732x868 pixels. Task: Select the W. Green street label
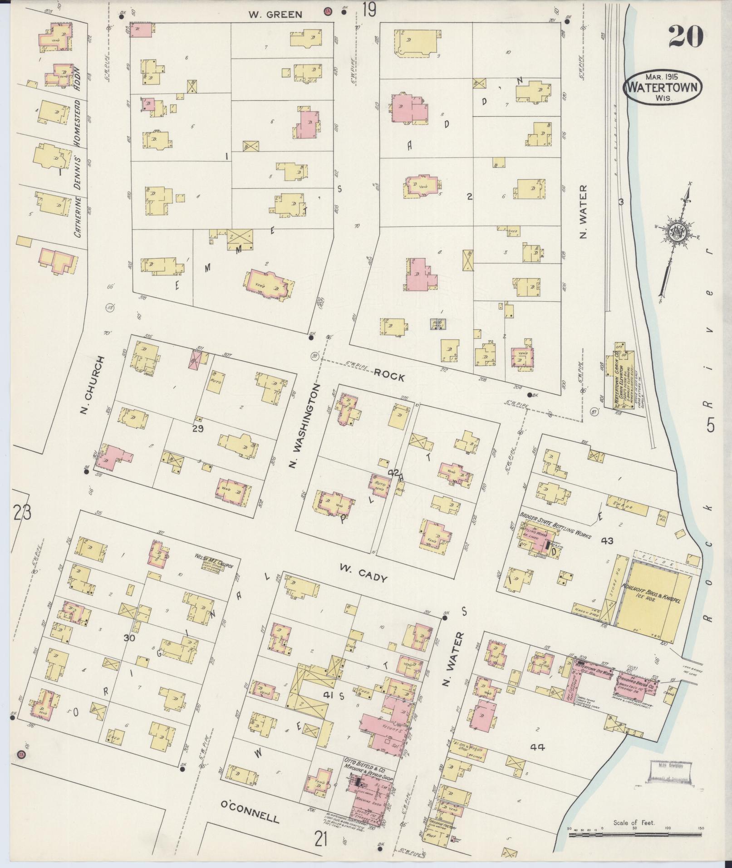[x=275, y=15]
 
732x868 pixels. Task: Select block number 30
[x=130, y=638]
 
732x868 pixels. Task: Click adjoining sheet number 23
[x=21, y=513]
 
